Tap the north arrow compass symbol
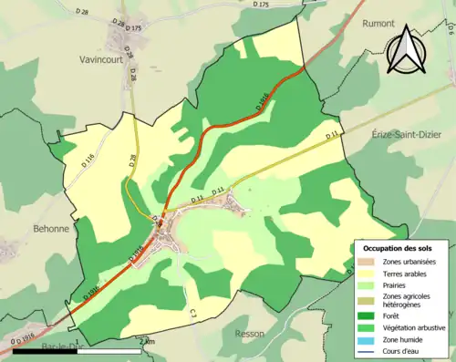pyautogui.click(x=407, y=49)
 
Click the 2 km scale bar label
pyautogui.click(x=148, y=341)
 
